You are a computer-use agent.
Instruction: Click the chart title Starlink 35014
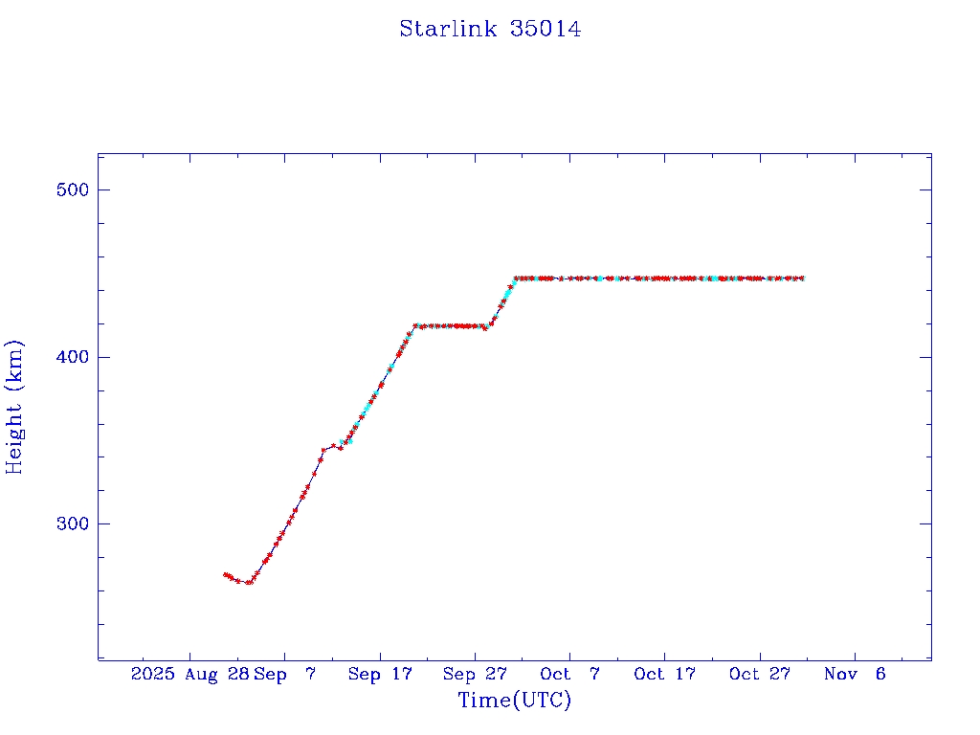tap(490, 29)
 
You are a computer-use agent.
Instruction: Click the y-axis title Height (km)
tap(14, 407)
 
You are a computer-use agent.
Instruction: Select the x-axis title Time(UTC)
tap(514, 701)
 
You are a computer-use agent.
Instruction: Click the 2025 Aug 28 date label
tap(190, 674)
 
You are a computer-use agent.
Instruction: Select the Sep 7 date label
tap(285, 674)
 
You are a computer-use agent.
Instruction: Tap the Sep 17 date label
tap(380, 674)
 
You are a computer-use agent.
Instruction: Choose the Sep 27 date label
tap(475, 674)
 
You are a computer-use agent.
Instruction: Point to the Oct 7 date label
tap(569, 674)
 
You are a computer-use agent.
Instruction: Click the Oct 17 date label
tap(664, 674)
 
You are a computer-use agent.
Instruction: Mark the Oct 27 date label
tap(760, 674)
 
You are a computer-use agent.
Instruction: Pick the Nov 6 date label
tap(855, 674)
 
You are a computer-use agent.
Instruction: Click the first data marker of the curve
tap(225, 574)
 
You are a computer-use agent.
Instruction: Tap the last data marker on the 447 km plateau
tap(802, 278)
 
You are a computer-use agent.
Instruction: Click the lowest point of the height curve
tap(250, 582)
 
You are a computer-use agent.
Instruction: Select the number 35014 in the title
tap(546, 29)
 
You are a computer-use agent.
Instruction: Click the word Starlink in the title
tap(448, 29)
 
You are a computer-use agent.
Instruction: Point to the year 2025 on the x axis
tap(153, 674)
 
